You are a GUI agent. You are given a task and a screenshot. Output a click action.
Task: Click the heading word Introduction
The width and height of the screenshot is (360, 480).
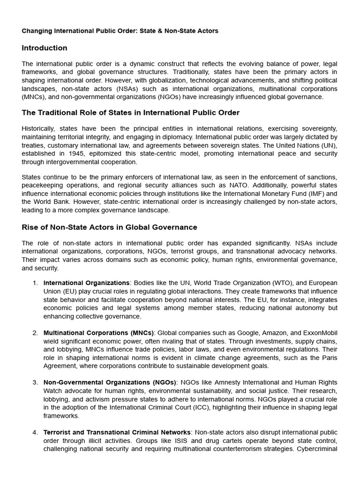(x=45, y=48)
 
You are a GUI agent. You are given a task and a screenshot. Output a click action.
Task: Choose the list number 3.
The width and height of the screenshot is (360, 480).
(x=35, y=382)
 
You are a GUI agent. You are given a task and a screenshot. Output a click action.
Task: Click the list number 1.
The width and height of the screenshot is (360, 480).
(x=35, y=283)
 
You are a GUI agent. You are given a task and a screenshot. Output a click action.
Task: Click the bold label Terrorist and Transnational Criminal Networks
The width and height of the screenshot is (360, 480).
(x=117, y=432)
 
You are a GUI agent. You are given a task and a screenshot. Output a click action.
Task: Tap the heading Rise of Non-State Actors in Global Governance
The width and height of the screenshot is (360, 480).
(x=110, y=227)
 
